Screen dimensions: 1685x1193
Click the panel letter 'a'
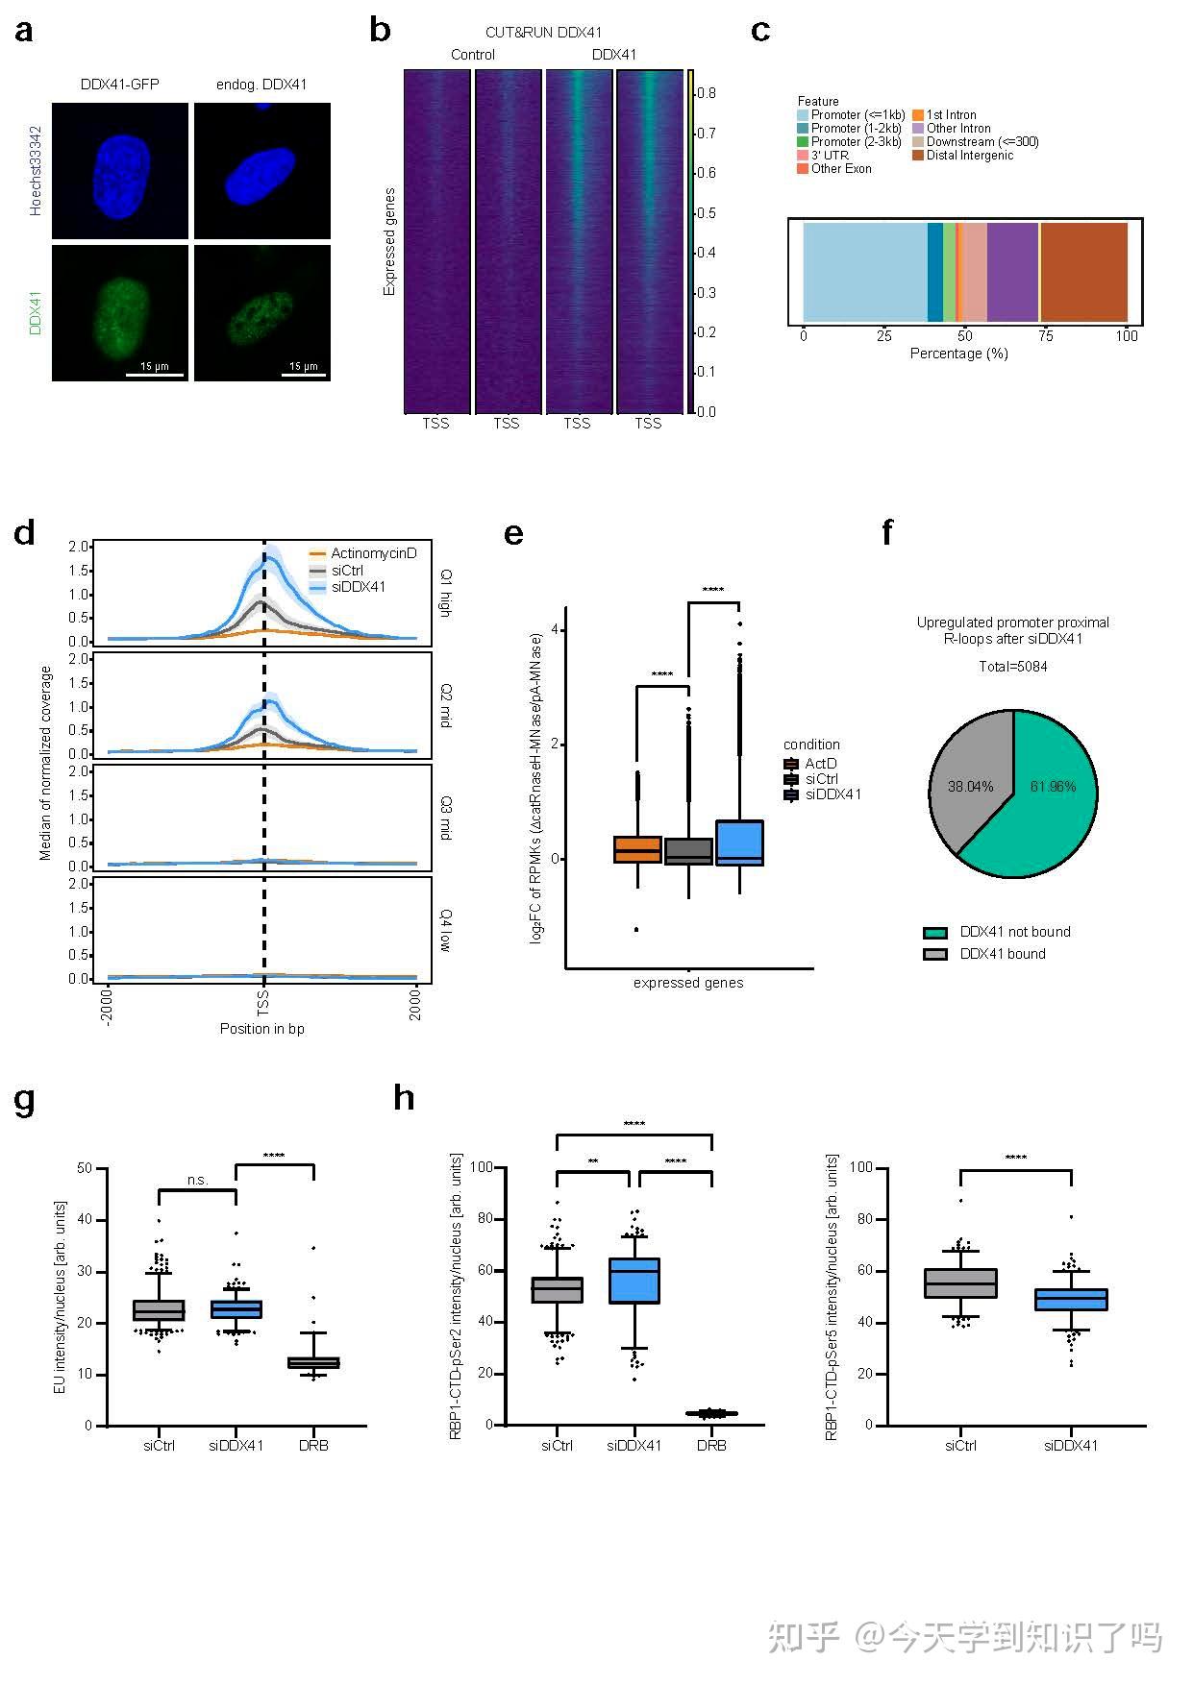click(x=24, y=31)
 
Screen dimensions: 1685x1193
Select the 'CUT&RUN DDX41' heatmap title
click(x=543, y=33)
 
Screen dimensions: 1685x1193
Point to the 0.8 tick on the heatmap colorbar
click(x=707, y=93)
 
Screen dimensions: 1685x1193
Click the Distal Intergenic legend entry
click(x=969, y=156)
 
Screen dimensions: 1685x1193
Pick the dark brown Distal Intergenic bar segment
click(x=1083, y=272)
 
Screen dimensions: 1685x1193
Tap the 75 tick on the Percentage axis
click(x=1045, y=336)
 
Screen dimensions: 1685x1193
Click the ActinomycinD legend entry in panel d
click(x=373, y=553)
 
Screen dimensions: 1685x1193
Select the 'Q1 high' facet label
click(x=446, y=594)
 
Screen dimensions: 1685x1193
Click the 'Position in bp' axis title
click(x=261, y=1029)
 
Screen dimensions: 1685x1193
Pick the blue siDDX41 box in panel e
click(x=739, y=843)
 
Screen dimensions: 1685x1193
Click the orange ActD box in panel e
click(x=637, y=849)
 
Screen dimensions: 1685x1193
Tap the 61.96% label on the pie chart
click(x=1053, y=787)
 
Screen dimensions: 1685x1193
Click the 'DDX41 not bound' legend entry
click(x=1014, y=932)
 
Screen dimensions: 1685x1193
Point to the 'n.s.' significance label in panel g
click(x=197, y=1180)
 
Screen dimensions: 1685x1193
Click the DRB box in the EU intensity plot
click(x=313, y=1362)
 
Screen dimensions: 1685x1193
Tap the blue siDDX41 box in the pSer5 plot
click(x=1070, y=1300)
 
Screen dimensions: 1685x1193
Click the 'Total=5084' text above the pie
click(x=1013, y=667)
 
